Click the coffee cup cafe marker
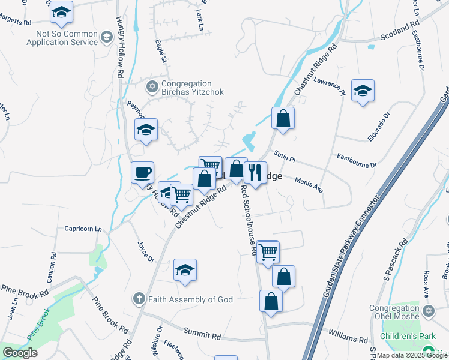[x=143, y=173]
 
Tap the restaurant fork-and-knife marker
[x=255, y=173]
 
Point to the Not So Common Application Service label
[x=62, y=38]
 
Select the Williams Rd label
[x=348, y=335]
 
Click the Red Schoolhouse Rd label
[x=248, y=220]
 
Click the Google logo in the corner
[x=20, y=353]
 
